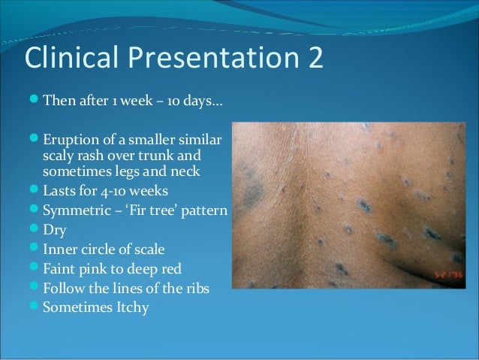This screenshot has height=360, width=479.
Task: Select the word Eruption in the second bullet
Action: [67, 140]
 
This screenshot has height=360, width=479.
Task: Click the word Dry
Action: [53, 225]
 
